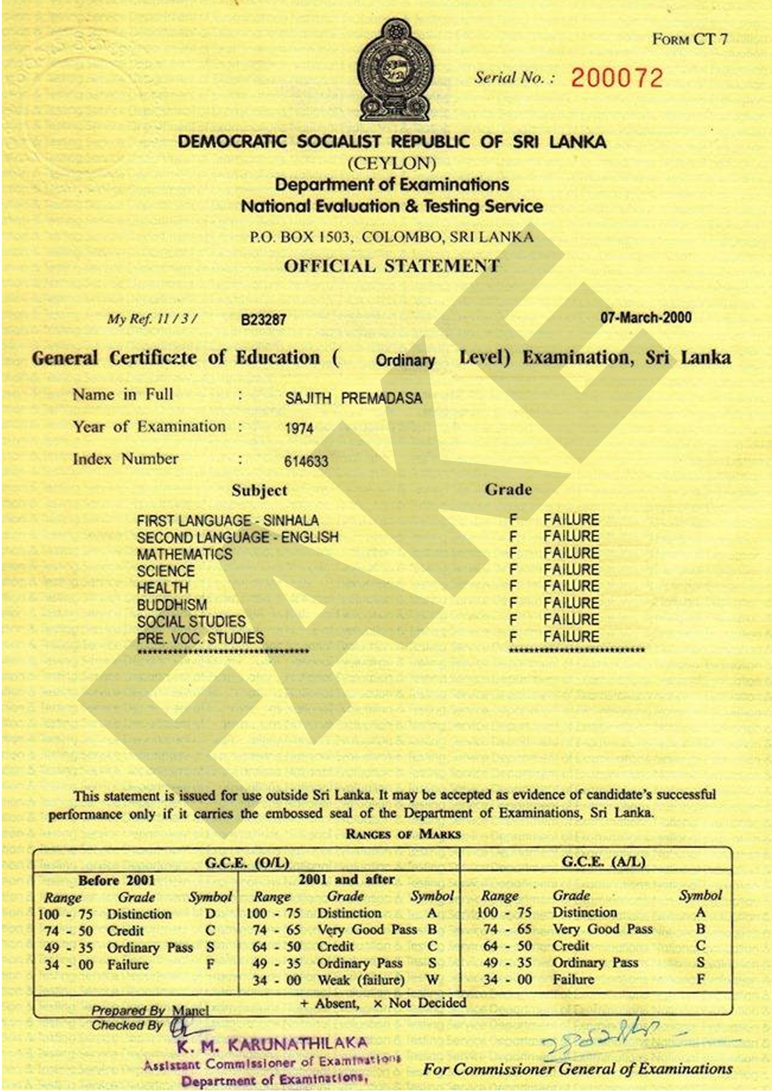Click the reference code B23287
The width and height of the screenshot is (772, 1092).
pos(263,319)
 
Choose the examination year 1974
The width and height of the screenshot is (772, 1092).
pos(299,429)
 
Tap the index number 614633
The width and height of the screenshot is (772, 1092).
pos(306,461)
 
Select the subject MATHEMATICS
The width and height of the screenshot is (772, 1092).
pos(185,554)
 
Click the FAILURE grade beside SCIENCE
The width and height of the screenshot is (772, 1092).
pos(571,569)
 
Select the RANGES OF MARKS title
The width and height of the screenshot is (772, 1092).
pos(403,834)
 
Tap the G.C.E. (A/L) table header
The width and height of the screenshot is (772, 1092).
pos(603,862)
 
